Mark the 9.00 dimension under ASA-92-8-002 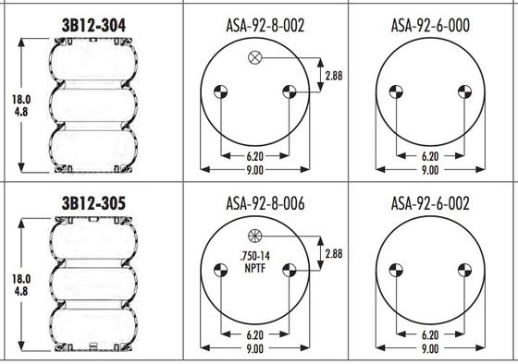tap(254, 170)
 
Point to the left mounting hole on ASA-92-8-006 tap(220, 270)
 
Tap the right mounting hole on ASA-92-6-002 tap(463, 270)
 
